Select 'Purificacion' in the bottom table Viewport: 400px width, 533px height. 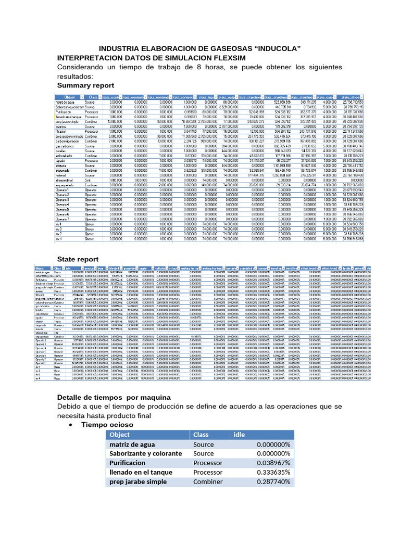[x=128, y=463]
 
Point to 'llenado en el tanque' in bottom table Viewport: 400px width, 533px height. [x=142, y=472]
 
